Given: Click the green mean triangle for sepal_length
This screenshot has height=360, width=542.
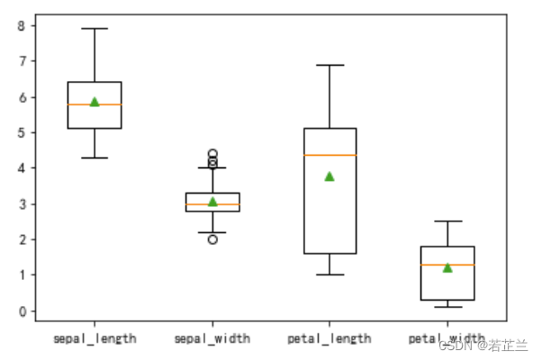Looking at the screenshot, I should tap(95, 102).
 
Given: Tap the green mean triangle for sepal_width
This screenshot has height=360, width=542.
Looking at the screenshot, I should tap(212, 202).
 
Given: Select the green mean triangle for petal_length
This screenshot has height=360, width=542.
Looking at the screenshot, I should tap(330, 176).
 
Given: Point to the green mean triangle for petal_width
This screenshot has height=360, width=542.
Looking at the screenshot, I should tap(447, 267).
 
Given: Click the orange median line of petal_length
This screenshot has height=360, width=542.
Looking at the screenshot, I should tap(330, 155).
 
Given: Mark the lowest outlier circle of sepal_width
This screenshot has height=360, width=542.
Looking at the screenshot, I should tap(212, 239).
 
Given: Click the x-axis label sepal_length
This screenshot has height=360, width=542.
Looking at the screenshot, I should tap(95, 338).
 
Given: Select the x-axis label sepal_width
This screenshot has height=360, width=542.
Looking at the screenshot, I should tap(212, 338).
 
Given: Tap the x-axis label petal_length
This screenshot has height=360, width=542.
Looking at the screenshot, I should tap(330, 338).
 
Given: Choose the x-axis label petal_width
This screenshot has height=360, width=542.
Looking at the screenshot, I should tap(447, 338).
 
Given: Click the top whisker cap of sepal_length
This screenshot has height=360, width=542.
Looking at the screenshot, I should tap(95, 29).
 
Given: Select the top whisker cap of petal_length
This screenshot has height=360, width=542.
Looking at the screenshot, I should tap(330, 65).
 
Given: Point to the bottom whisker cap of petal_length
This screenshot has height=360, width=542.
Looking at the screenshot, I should tap(330, 274).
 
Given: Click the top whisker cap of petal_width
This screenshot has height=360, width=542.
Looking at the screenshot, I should tap(447, 221).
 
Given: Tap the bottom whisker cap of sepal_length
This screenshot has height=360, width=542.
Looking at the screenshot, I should tap(95, 157).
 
